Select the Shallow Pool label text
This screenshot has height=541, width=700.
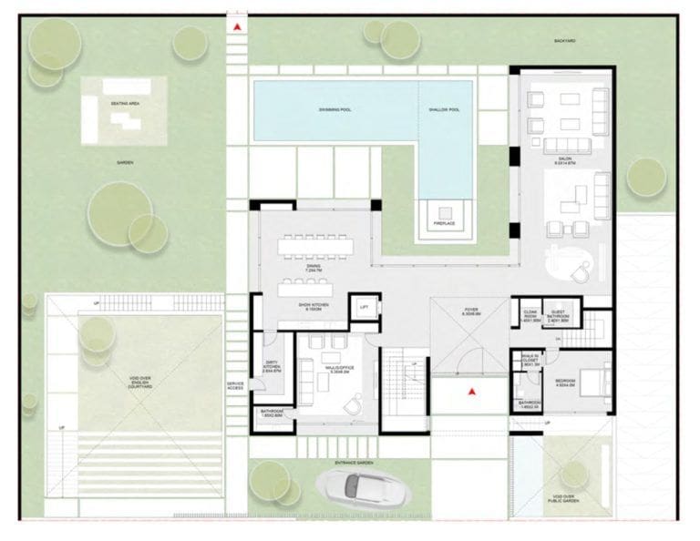(444, 109)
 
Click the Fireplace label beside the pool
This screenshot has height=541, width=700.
(444, 223)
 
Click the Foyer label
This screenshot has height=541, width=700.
(470, 312)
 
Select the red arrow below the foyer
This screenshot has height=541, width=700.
(471, 392)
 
